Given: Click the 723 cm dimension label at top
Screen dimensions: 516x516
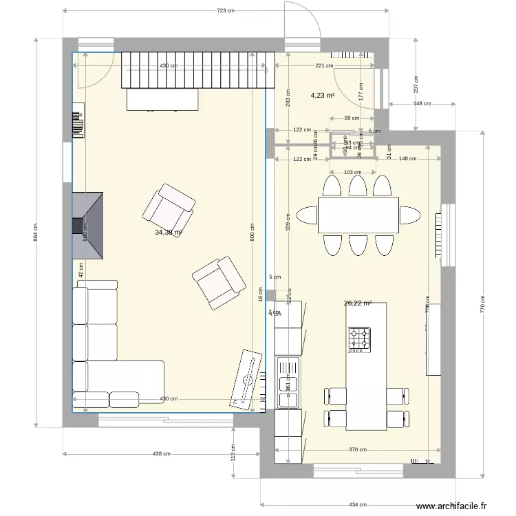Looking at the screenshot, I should tap(226, 10).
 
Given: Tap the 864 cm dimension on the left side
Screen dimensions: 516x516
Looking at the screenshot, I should tap(36, 235).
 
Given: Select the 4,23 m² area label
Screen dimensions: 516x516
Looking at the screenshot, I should tap(322, 96).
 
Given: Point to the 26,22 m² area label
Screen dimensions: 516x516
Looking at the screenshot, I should tap(358, 303).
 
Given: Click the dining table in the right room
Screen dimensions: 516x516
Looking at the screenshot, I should tap(358, 215).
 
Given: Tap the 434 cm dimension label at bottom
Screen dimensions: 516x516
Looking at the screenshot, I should tap(358, 504).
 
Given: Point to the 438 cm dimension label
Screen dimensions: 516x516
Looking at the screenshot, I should tap(161, 453).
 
